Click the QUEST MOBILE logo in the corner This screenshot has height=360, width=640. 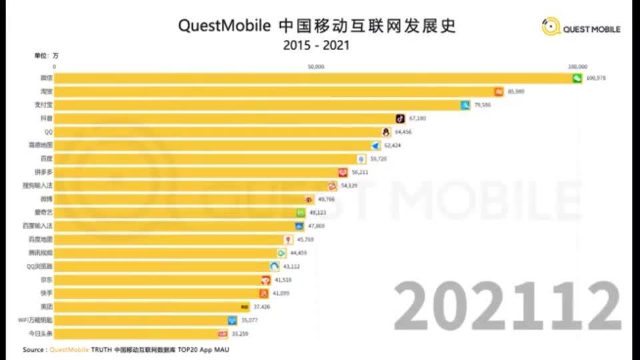click(581, 29)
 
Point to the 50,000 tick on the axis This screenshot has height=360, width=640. click(316, 67)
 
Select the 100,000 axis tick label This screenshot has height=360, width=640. click(577, 67)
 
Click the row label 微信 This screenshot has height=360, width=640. click(46, 78)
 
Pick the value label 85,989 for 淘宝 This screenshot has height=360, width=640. click(516, 91)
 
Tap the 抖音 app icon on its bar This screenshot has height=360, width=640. click(400, 118)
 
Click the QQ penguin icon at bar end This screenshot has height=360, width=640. click(385, 131)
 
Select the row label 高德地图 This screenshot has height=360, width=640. click(40, 145)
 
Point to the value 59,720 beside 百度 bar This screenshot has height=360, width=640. click(379, 159)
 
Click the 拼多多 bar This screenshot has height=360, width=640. click(200, 172)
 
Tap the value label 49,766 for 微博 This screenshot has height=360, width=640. click(326, 199)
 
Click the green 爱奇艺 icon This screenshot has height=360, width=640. click(301, 212)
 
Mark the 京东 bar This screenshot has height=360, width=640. click(160, 279)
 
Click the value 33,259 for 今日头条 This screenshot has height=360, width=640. click(238, 333)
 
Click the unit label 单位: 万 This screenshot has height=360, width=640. click(47, 55)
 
